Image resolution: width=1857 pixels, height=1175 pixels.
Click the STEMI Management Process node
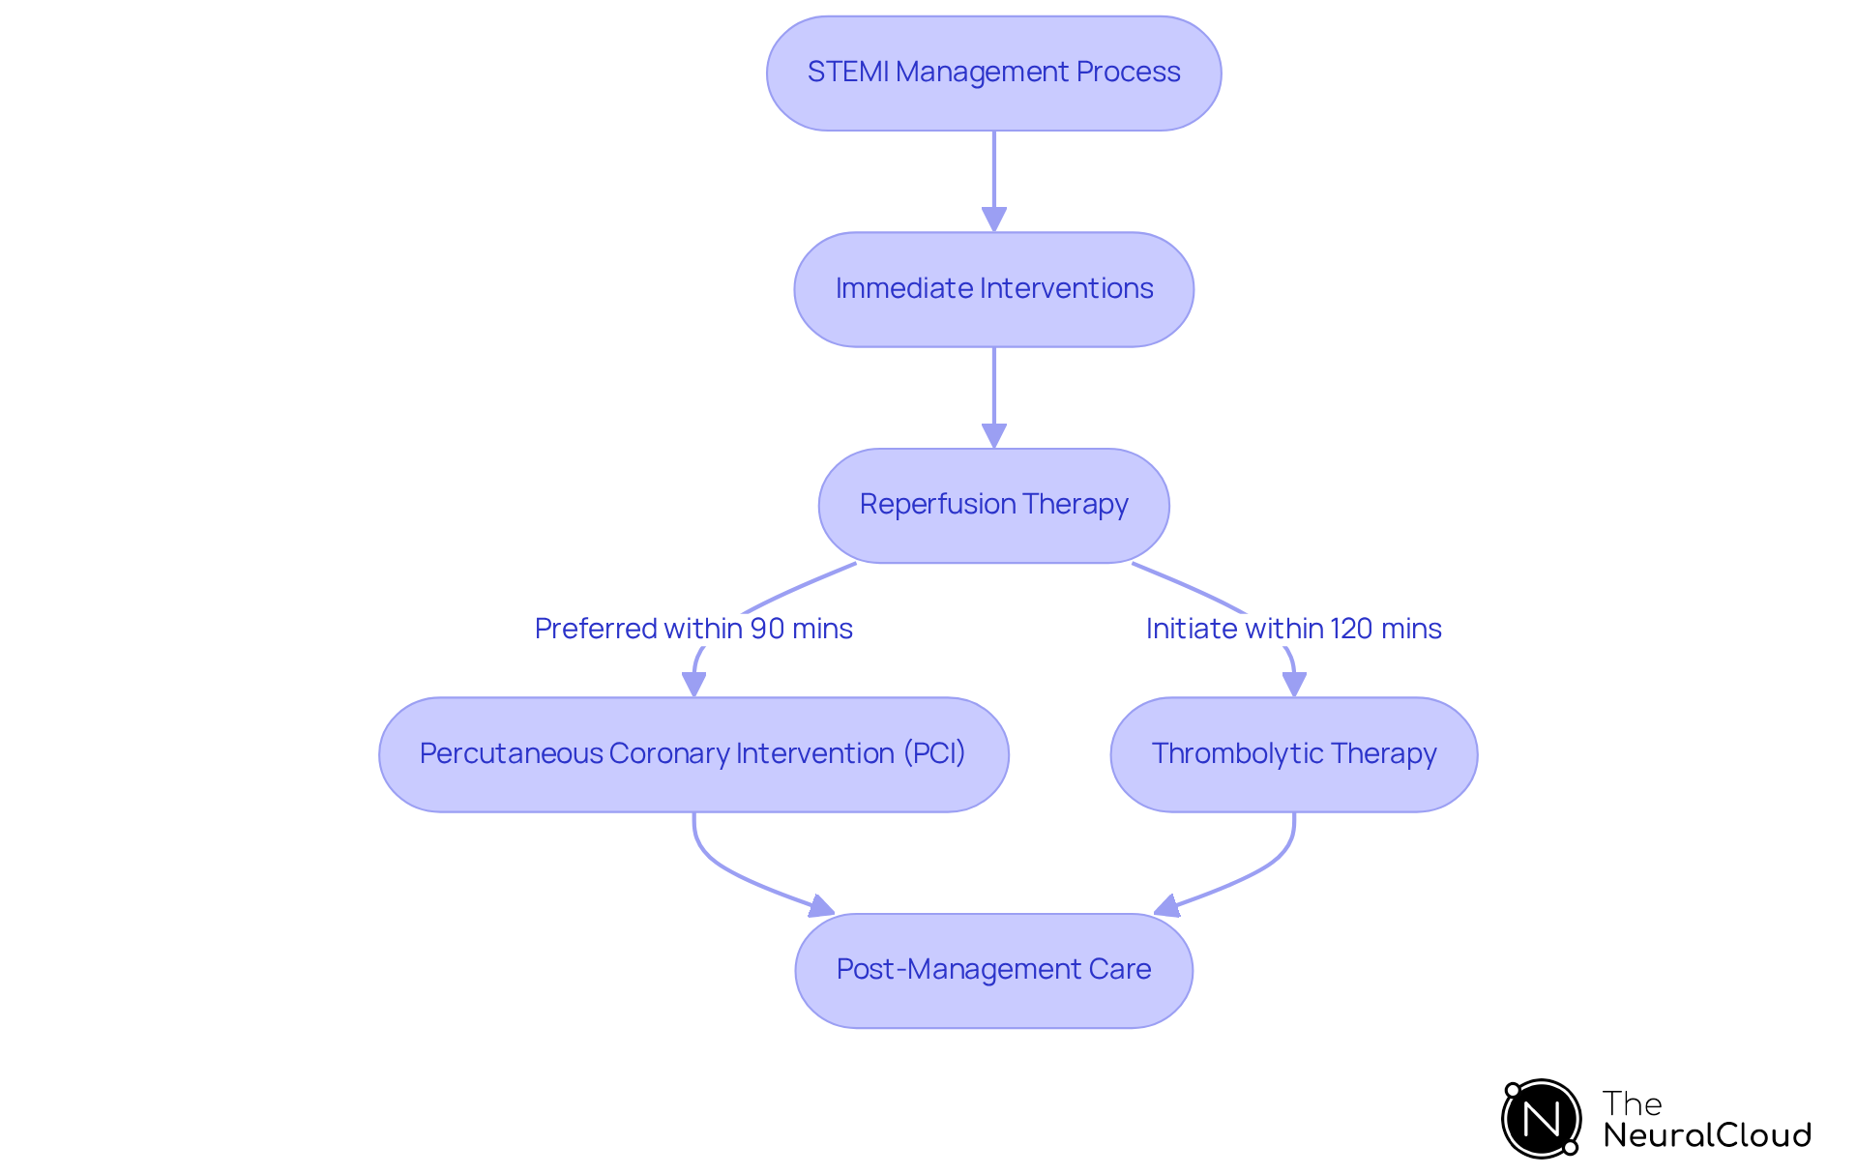(993, 73)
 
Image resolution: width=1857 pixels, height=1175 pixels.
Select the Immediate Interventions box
(993, 289)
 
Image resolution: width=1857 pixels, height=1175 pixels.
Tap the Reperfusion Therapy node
(993, 505)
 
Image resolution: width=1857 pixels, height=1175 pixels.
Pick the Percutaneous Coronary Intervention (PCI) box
(693, 754)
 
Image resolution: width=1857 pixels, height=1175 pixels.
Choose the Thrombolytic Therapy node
(1293, 754)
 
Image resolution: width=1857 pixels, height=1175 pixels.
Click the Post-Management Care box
(993, 970)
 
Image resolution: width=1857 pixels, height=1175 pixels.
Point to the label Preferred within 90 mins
(693, 629)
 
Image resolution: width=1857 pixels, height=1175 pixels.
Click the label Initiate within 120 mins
(1293, 629)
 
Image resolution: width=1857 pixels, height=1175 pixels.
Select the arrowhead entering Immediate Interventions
(993, 220)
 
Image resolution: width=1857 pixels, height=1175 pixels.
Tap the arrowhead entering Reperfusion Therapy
(993, 435)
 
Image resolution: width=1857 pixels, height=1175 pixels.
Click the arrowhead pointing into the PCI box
(693, 684)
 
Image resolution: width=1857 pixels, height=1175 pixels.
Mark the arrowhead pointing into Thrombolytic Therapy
(1293, 684)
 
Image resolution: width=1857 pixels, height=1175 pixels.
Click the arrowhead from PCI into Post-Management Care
(821, 907)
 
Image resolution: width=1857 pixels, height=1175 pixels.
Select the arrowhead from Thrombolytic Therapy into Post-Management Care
(1167, 907)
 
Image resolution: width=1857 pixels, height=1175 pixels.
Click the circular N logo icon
(1541, 1119)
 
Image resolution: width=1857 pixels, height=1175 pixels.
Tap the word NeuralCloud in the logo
(1706, 1135)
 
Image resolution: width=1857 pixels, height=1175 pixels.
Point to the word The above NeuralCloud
(1632, 1103)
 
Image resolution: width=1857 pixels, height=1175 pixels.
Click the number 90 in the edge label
(767, 629)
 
